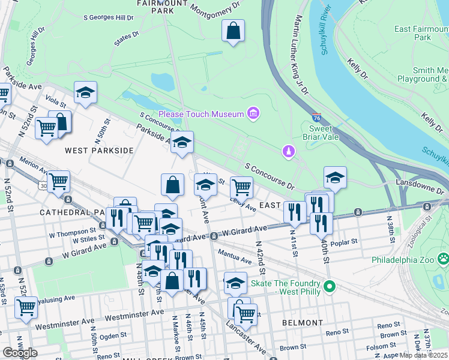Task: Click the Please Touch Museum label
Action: click(201, 114)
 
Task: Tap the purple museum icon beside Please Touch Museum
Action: click(253, 113)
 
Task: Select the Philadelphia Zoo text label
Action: click(406, 260)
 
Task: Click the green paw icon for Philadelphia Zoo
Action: click(444, 259)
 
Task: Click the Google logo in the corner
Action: click(20, 352)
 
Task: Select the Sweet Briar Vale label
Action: click(324, 133)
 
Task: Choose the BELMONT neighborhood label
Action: click(303, 323)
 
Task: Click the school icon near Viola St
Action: click(86, 92)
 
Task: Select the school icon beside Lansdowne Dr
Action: click(335, 177)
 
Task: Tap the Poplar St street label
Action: click(344, 241)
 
